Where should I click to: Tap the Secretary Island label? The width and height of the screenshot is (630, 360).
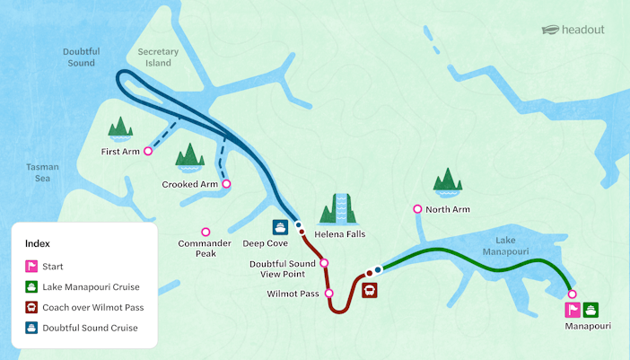pos(159,57)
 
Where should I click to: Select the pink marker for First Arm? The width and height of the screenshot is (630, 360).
pos(148,152)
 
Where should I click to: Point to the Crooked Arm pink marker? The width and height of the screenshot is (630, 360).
pos(226,184)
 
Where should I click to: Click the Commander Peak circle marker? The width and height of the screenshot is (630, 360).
pos(206,232)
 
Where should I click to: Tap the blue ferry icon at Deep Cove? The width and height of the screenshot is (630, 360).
pos(281,227)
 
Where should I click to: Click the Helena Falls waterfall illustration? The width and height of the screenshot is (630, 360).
pos(340,209)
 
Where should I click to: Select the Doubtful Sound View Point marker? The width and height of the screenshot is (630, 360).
pos(324,263)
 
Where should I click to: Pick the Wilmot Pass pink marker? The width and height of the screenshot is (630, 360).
pos(328,294)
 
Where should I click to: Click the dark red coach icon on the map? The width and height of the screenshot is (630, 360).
pos(369,290)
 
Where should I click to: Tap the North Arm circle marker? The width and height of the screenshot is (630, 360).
pos(417,209)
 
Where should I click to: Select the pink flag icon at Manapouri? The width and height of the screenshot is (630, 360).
pos(572,310)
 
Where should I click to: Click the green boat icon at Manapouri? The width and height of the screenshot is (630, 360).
pos(591,310)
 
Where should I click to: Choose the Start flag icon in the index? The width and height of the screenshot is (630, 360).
pos(31,266)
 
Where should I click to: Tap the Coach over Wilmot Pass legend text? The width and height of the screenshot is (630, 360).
pos(92,307)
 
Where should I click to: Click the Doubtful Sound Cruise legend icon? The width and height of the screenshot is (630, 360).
pos(31,328)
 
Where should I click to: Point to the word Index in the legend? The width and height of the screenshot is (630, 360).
pos(38,243)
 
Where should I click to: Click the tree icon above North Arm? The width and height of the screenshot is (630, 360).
pos(447,182)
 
